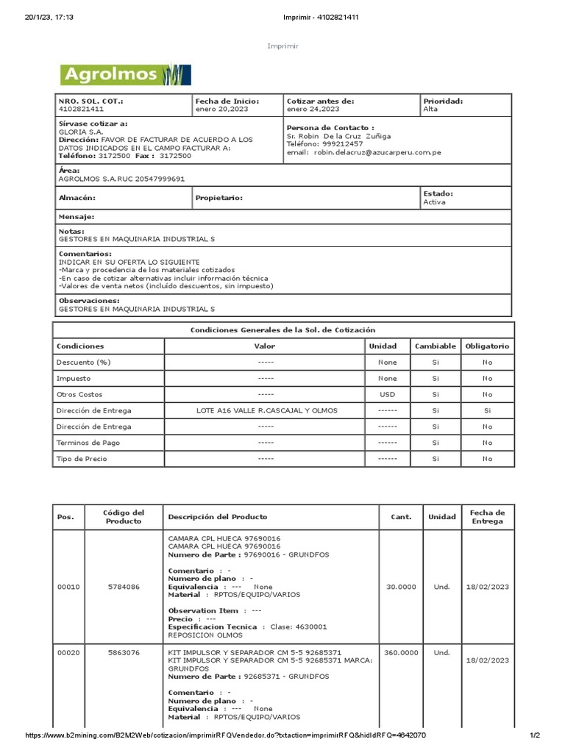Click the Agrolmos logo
pyautogui.click(x=125, y=74)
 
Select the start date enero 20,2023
pyautogui.click(x=221, y=109)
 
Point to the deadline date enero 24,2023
pyautogui.click(x=313, y=109)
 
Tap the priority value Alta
pyautogui.click(x=430, y=109)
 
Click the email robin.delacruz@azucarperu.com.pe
pyautogui.click(x=377, y=152)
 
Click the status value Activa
pyautogui.click(x=434, y=202)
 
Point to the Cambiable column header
pyautogui.click(x=436, y=346)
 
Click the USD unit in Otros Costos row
pyautogui.click(x=387, y=394)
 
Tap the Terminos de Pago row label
pyautogui.click(x=87, y=443)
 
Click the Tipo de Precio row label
pyautogui.click(x=82, y=459)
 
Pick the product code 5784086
pyautogui.click(x=124, y=587)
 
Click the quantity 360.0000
pyautogui.click(x=401, y=652)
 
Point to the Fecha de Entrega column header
pyautogui.click(x=486, y=517)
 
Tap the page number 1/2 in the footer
pyautogui.click(x=535, y=736)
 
